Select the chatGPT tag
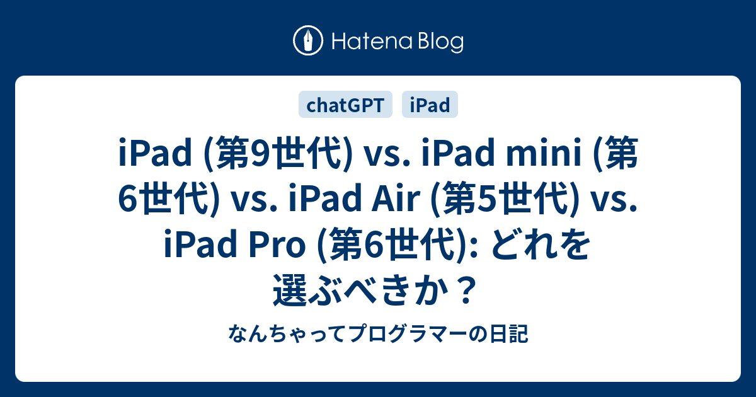tap(345, 105)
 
